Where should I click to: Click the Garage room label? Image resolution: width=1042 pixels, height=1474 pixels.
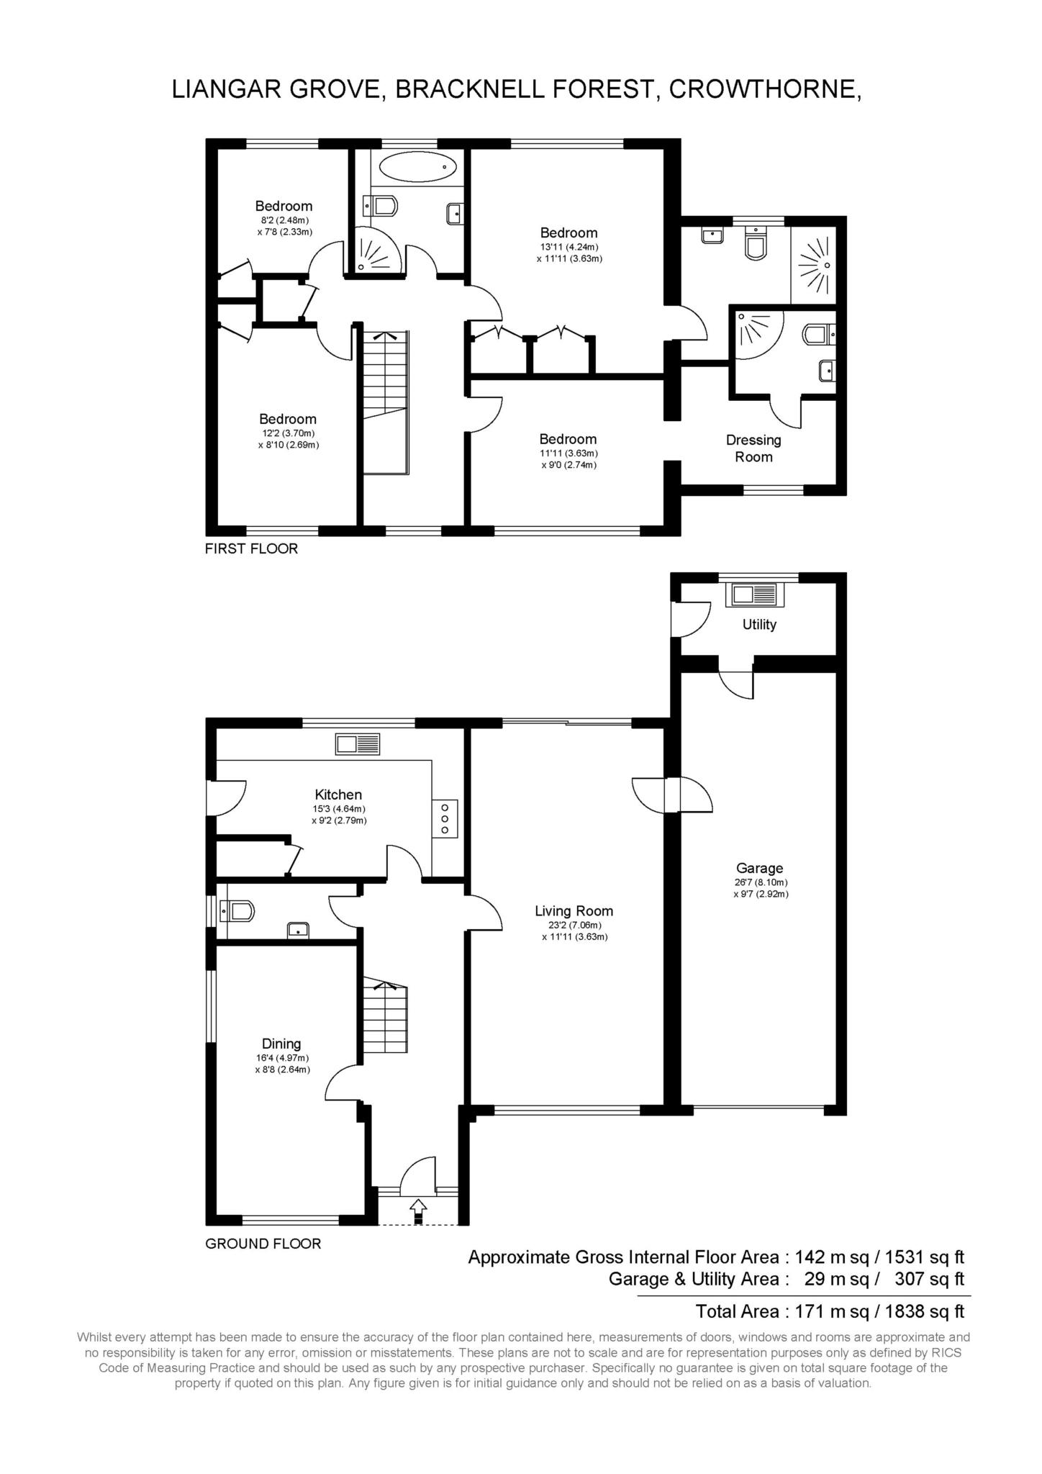[759, 868]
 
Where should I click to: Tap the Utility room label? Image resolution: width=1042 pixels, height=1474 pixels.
[759, 624]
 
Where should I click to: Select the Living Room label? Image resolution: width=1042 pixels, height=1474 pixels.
[574, 910]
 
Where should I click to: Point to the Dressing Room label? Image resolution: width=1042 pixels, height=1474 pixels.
[753, 448]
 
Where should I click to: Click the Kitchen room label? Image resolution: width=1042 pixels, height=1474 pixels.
[338, 795]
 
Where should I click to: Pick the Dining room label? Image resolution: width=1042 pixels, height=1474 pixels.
[281, 1043]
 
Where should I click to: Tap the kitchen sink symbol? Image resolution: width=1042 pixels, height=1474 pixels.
[358, 743]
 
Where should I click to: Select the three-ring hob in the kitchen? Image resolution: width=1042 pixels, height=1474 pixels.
[445, 818]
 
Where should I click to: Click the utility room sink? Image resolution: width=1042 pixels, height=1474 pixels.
[755, 594]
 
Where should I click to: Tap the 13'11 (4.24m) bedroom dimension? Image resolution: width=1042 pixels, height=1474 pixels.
[568, 247]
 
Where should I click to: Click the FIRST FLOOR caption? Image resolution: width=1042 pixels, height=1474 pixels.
[251, 548]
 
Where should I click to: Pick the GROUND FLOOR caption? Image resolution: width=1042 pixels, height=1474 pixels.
[263, 1243]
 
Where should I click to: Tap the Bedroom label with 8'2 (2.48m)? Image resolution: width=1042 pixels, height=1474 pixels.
[284, 207]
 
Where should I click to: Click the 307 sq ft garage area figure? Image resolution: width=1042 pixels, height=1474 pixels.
[929, 1279]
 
